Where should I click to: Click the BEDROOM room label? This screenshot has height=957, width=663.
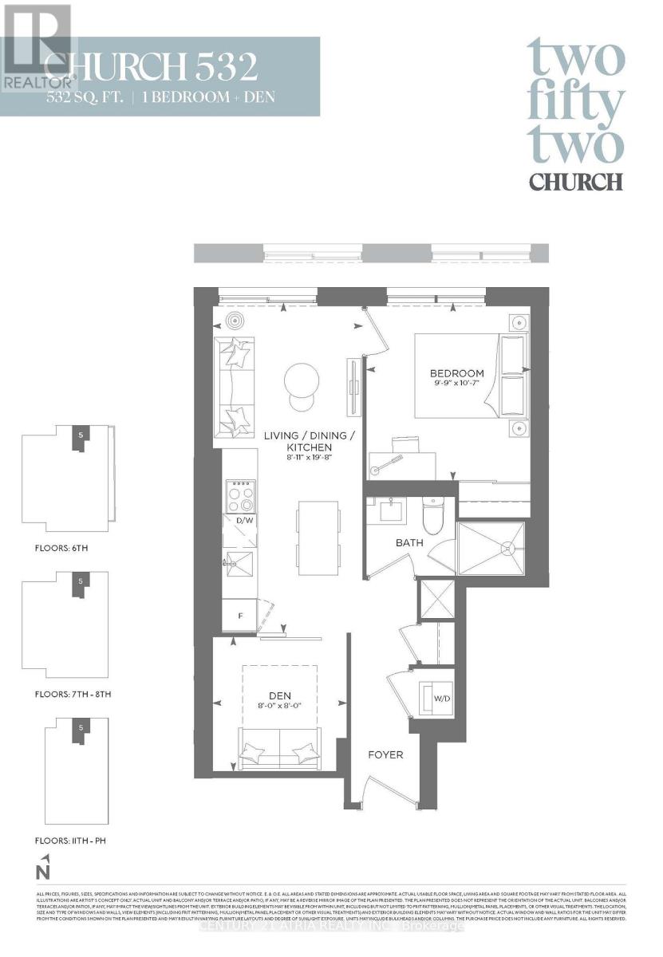tap(456, 373)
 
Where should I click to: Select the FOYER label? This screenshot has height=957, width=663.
tap(385, 754)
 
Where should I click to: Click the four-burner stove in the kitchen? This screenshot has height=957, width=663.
tap(241, 495)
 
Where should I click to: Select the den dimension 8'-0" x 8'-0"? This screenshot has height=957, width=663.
tap(279, 706)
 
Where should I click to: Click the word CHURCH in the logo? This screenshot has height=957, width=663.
tap(575, 181)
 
